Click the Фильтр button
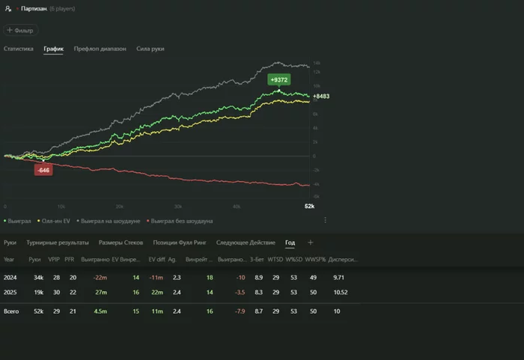tap(19, 31)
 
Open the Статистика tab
tap(19, 49)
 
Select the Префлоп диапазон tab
tap(100, 49)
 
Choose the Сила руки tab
tap(150, 49)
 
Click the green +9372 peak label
tap(279, 79)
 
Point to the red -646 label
tap(43, 170)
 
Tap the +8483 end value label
tap(321, 96)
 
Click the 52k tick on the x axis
tap(309, 206)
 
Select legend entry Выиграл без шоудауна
tap(182, 221)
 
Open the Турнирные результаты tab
tap(58, 242)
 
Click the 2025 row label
tap(10, 292)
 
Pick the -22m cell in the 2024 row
tap(99, 278)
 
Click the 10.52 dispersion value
tap(340, 292)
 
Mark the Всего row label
tap(11, 310)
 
